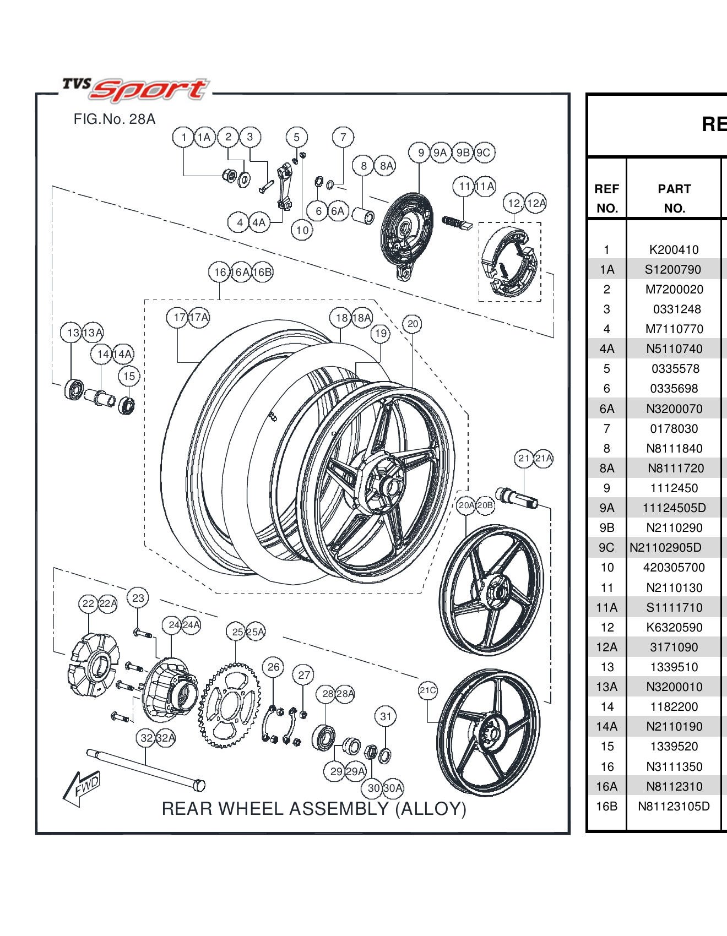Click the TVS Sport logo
[x=135, y=89]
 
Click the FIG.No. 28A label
[x=115, y=119]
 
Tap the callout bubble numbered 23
[x=138, y=598]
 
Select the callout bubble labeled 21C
[x=428, y=690]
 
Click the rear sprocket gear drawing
[x=229, y=705]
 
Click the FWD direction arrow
[x=82, y=787]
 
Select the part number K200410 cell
[x=674, y=250]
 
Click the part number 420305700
[x=674, y=568]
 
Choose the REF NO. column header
[x=607, y=198]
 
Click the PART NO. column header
[x=674, y=198]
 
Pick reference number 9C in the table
[x=607, y=548]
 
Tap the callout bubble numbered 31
[x=386, y=716]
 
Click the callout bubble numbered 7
[x=343, y=137]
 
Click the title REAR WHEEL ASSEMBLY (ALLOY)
[x=314, y=809]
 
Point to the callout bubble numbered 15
[x=129, y=377]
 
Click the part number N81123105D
[x=674, y=807]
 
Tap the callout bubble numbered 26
[x=273, y=667]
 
